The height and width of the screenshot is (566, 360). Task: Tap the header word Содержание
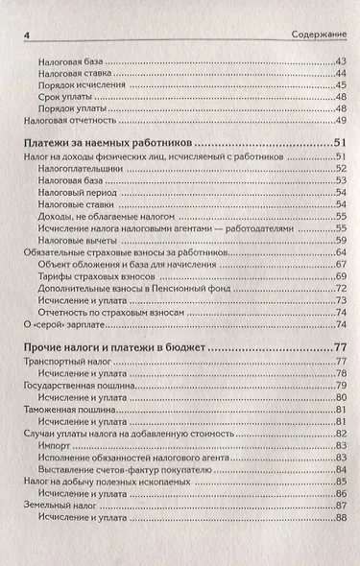coord(318,35)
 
